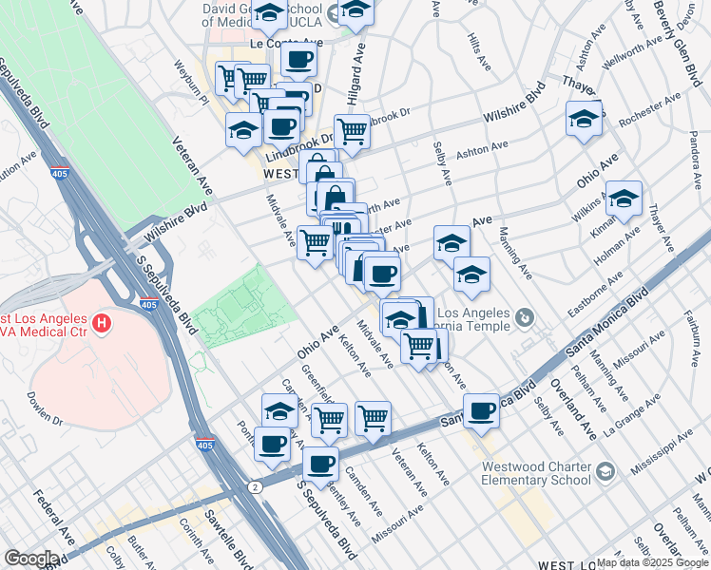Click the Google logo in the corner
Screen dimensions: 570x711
pos(31,559)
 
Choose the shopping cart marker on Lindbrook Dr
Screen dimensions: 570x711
pos(352,130)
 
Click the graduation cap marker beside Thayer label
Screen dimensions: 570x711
pos(584,119)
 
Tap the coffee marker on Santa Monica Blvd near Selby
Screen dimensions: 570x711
pos(482,410)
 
